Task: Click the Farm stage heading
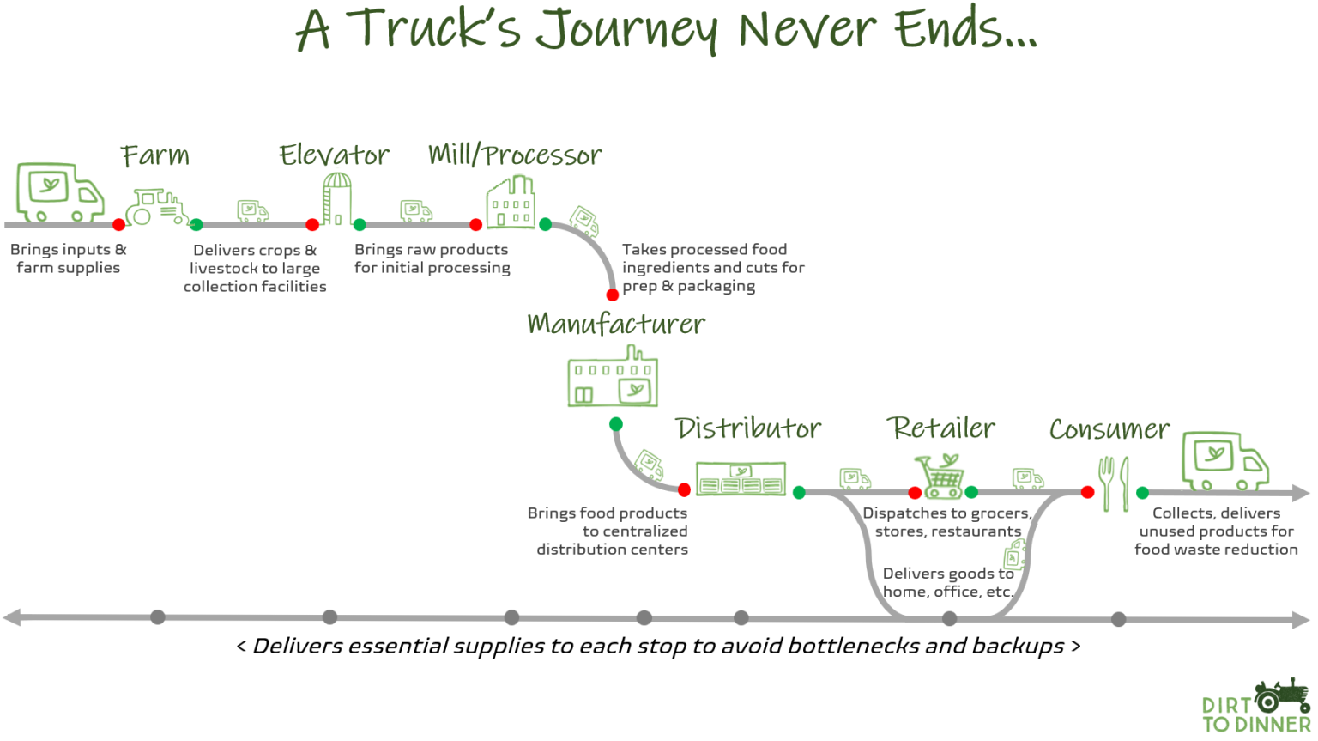tap(154, 155)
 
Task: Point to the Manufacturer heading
tap(616, 324)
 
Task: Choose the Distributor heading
tap(748, 428)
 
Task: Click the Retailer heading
tap(941, 428)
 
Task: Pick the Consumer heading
tap(1109, 428)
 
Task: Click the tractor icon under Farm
tap(156, 207)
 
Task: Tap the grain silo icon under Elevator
tap(336, 198)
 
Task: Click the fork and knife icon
tap(1114, 484)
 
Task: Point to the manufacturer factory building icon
tap(613, 380)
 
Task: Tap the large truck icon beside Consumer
tap(1224, 461)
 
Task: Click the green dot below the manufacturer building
tap(616, 424)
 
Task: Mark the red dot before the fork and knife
tap(1087, 493)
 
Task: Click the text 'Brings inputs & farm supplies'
tap(68, 258)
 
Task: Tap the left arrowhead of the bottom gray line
tap(11, 617)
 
